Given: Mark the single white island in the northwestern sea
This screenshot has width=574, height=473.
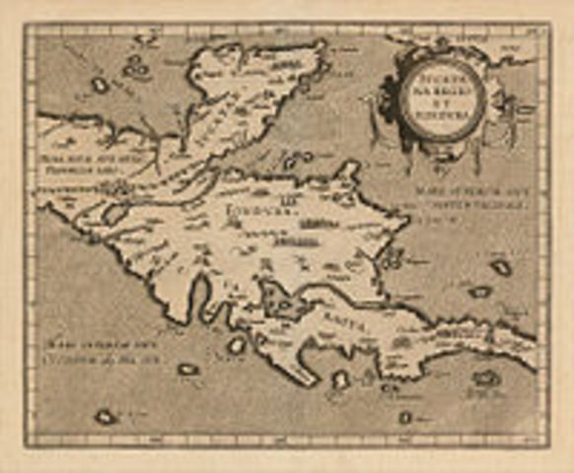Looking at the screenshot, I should pyautogui.click(x=100, y=86).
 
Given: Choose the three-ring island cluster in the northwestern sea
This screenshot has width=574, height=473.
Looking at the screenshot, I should pyautogui.click(x=136, y=68).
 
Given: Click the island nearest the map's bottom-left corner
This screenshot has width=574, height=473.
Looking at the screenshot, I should pyautogui.click(x=105, y=417).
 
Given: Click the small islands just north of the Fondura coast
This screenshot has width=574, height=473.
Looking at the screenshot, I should pyautogui.click(x=294, y=161).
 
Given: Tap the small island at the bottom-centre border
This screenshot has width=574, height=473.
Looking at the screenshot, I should pyautogui.click(x=405, y=418).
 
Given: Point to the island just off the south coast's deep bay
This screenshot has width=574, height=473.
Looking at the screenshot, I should pyautogui.click(x=237, y=345).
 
